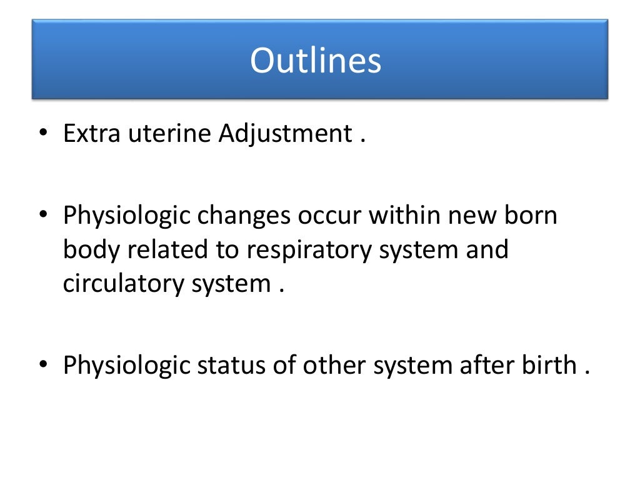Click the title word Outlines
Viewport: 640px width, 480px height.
click(316, 61)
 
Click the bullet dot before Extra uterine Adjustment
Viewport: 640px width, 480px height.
click(42, 134)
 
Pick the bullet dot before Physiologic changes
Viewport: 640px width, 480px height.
click(42, 216)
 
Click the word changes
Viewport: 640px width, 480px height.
click(246, 216)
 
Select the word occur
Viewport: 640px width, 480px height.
click(330, 216)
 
